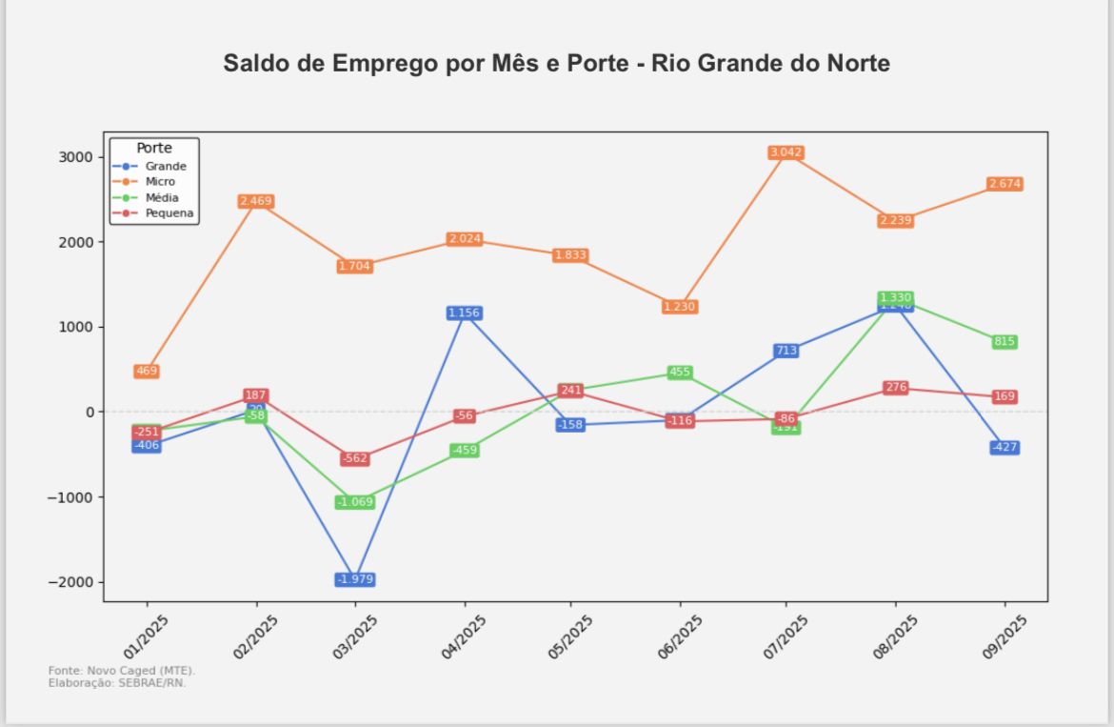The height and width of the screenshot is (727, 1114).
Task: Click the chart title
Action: [557, 64]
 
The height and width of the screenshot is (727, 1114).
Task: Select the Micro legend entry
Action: [159, 182]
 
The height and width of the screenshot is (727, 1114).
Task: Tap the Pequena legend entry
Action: [169, 213]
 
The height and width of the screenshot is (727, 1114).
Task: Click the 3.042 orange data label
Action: [786, 152]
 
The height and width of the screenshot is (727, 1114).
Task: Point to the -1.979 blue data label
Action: [355, 579]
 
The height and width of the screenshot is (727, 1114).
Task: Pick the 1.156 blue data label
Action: [464, 313]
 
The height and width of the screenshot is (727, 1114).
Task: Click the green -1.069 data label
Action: [355, 502]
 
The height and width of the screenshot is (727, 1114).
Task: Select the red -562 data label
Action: [355, 458]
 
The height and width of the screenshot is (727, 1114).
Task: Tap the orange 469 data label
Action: [147, 371]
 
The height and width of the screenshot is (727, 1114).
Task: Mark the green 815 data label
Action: [1005, 342]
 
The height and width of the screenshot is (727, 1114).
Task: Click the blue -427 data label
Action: [1005, 448]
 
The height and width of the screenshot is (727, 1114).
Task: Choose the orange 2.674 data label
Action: [1005, 184]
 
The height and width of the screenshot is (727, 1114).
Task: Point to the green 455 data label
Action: [680, 373]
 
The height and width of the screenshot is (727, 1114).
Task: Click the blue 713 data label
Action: [786, 351]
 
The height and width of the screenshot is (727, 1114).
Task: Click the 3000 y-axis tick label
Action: [73, 157]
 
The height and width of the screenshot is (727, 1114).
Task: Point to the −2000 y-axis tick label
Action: [70, 582]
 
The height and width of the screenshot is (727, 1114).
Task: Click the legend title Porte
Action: [154, 149]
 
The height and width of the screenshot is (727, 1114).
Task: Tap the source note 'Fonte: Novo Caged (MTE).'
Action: [121, 671]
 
